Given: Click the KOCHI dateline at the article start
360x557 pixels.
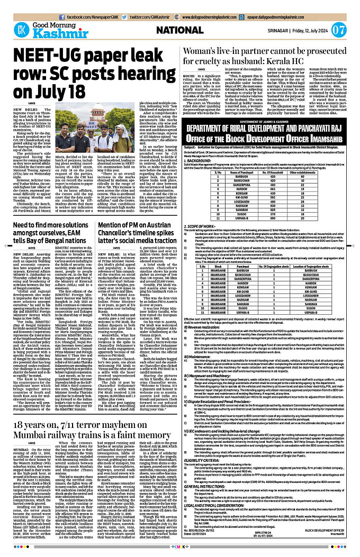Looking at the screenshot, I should pos(192,76).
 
